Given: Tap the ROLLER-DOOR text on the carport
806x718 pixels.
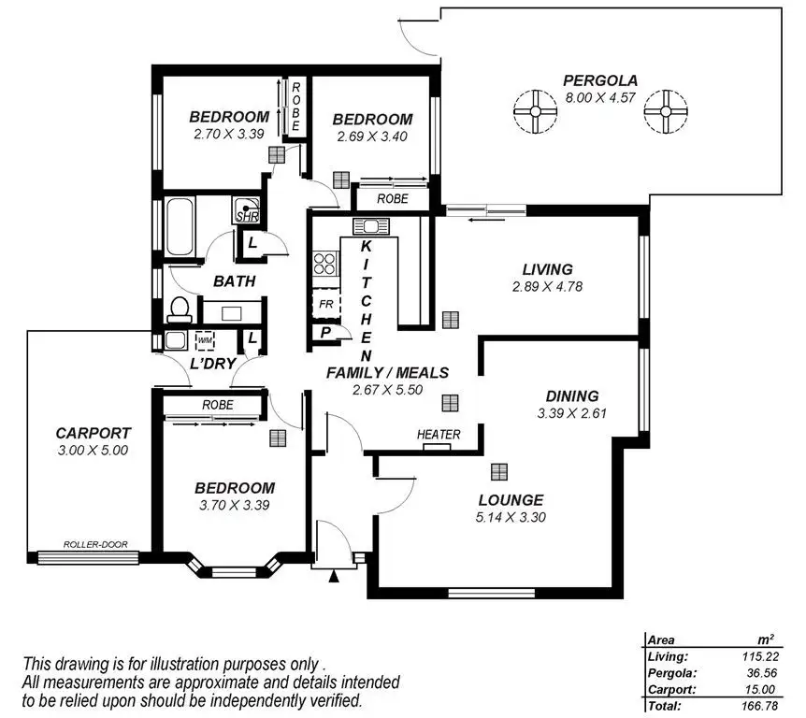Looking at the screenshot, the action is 95,544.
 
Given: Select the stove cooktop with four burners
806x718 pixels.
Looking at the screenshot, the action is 325,264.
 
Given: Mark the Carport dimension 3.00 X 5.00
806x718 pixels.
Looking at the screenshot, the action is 92,450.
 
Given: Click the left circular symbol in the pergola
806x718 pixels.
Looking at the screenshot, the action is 536,112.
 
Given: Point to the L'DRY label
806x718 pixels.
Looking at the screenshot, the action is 211,362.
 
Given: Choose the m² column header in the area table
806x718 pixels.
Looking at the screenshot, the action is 766,639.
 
